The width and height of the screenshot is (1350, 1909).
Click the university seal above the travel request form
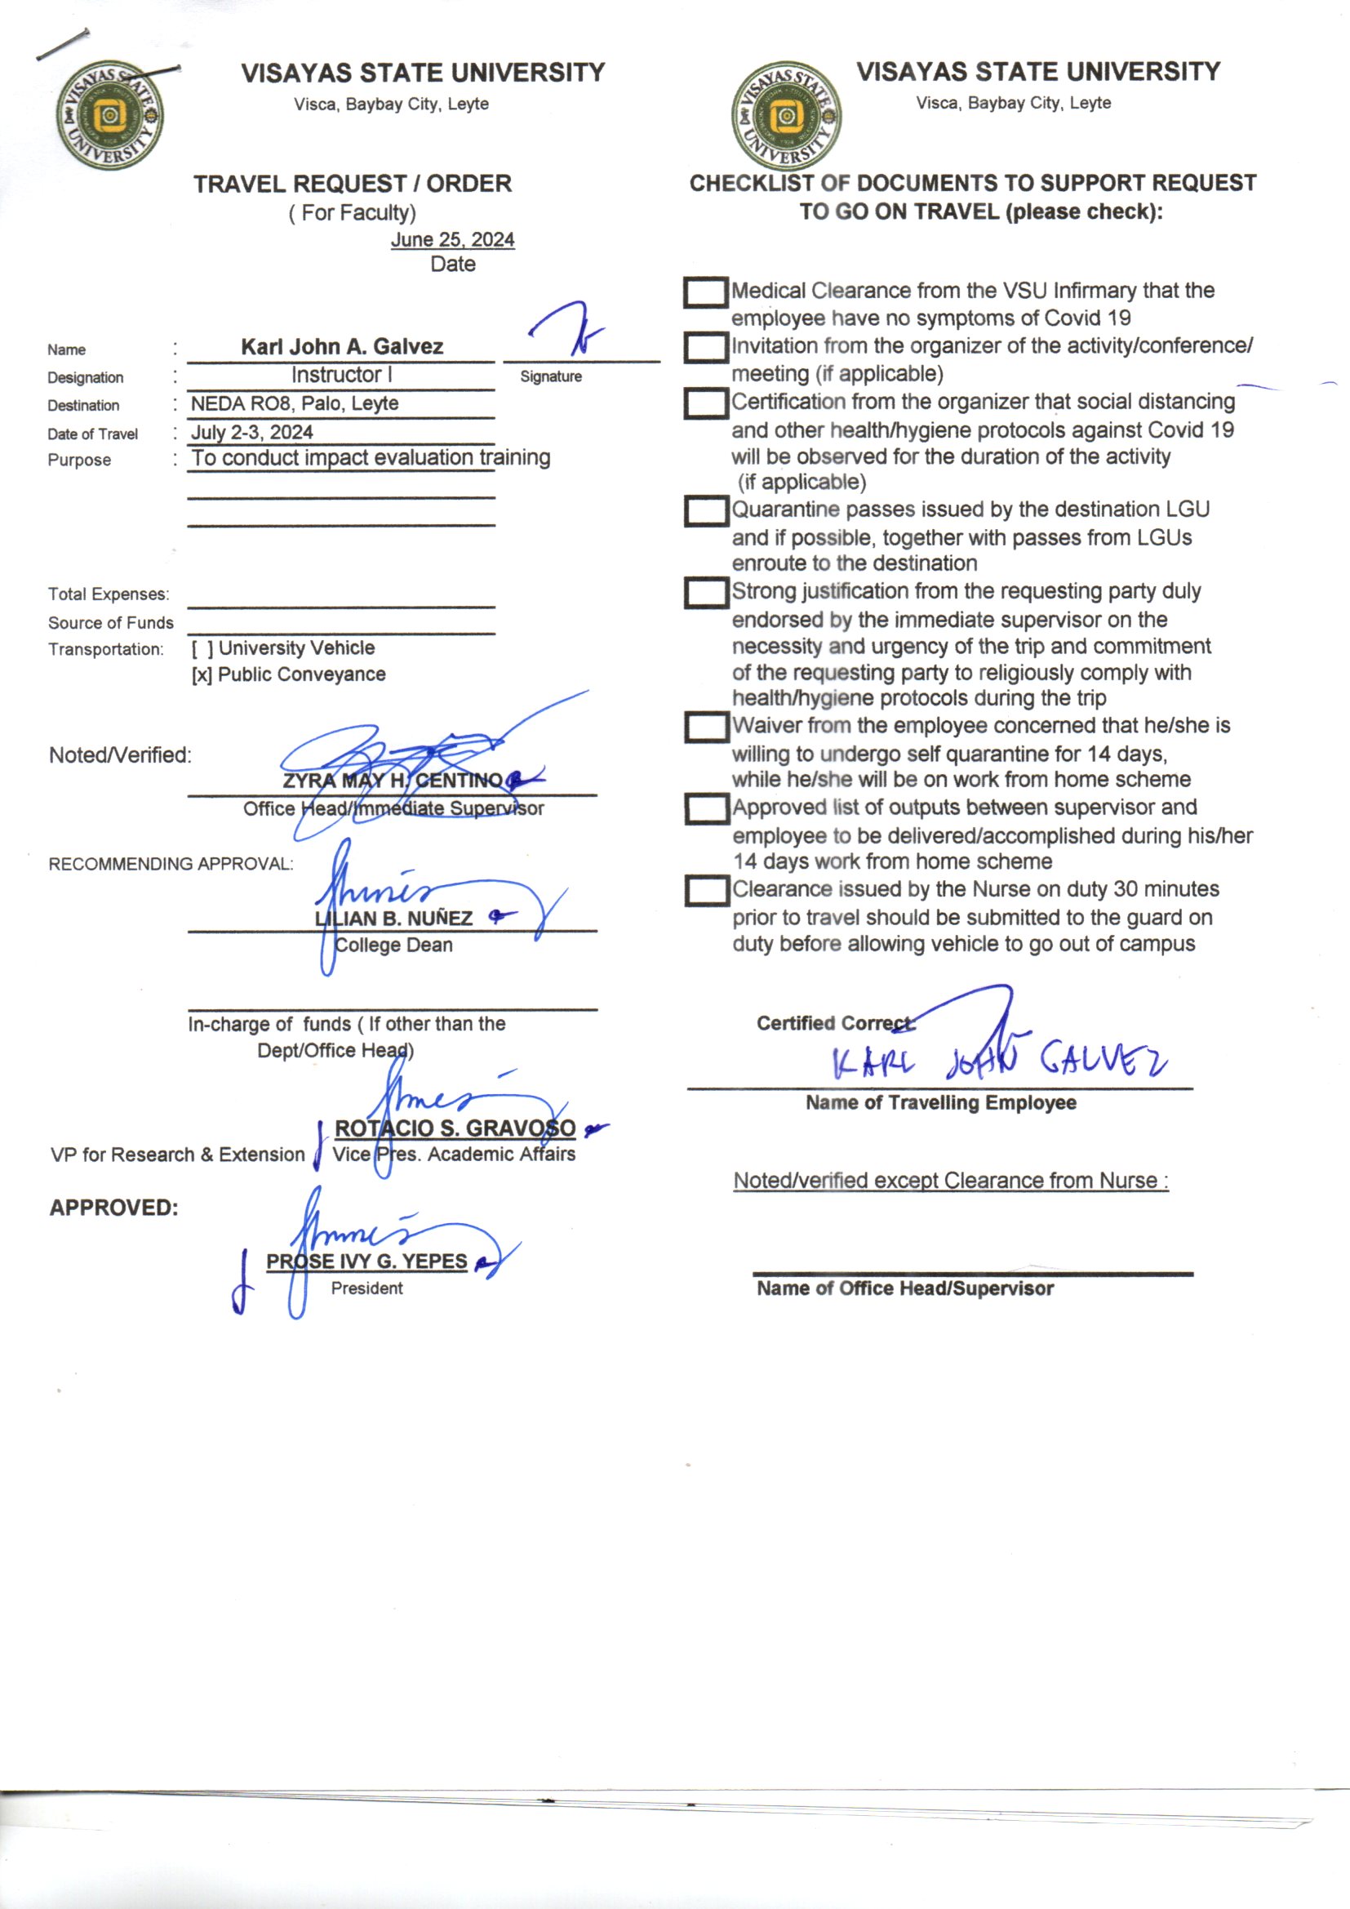pyautogui.click(x=109, y=116)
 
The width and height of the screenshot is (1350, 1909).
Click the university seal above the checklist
pyautogui.click(x=785, y=116)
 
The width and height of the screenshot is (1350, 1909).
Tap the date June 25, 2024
pyautogui.click(x=452, y=239)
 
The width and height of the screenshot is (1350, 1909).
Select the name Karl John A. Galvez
pyautogui.click(x=342, y=347)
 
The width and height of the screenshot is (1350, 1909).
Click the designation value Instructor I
pyautogui.click(x=341, y=375)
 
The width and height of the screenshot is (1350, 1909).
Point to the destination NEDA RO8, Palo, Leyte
pyautogui.click(x=295, y=404)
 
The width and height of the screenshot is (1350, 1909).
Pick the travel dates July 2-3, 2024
pyautogui.click(x=252, y=433)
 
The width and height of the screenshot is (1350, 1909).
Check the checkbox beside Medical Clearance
pyautogui.click(x=705, y=291)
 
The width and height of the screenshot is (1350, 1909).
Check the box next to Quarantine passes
pyautogui.click(x=705, y=510)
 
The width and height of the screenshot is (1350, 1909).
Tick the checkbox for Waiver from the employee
pyautogui.click(x=706, y=727)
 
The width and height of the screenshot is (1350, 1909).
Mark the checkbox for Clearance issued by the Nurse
pyautogui.click(x=706, y=891)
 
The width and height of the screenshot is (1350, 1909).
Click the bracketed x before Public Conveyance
pyautogui.click(x=201, y=675)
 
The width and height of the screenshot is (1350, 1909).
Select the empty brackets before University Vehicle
pyautogui.click(x=202, y=648)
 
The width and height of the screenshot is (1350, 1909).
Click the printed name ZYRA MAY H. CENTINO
pyautogui.click(x=393, y=781)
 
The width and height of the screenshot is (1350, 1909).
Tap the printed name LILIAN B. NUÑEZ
pyautogui.click(x=393, y=919)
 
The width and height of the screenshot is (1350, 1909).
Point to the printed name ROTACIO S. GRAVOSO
pyautogui.click(x=455, y=1128)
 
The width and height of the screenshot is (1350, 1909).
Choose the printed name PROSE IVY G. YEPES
pyautogui.click(x=366, y=1262)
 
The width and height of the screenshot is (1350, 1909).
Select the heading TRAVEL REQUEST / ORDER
pyautogui.click(x=353, y=184)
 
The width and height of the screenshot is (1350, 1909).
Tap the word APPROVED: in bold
pyautogui.click(x=114, y=1208)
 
